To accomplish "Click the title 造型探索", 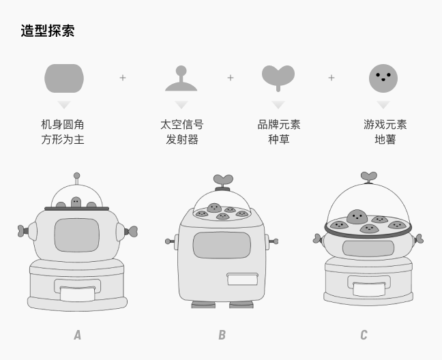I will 47,31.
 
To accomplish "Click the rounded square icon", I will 64,78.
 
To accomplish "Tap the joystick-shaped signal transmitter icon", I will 181,79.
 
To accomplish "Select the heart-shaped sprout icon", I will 278,76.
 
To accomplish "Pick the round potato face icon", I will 383,78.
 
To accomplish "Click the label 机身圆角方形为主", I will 63,132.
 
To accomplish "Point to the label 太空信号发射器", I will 181,132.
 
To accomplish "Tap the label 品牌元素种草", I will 278,132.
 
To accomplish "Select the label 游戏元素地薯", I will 385,132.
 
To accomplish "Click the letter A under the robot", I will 77,335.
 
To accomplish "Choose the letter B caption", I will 222,335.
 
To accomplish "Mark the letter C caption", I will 364,335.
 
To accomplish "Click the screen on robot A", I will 76,235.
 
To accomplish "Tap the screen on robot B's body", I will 222,245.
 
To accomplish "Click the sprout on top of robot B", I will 222,181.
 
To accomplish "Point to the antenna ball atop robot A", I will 76,176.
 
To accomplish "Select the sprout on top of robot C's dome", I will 368,177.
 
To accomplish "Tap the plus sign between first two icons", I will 123,78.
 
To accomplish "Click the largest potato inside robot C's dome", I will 357,217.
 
